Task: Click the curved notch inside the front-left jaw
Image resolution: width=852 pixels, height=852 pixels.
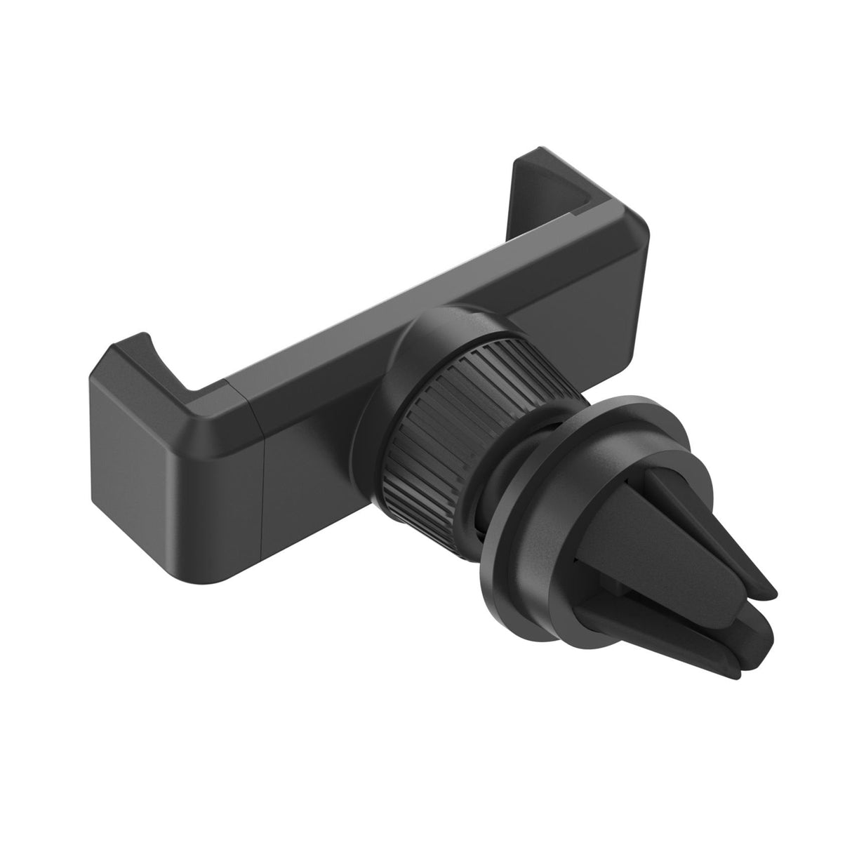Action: click(168, 368)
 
